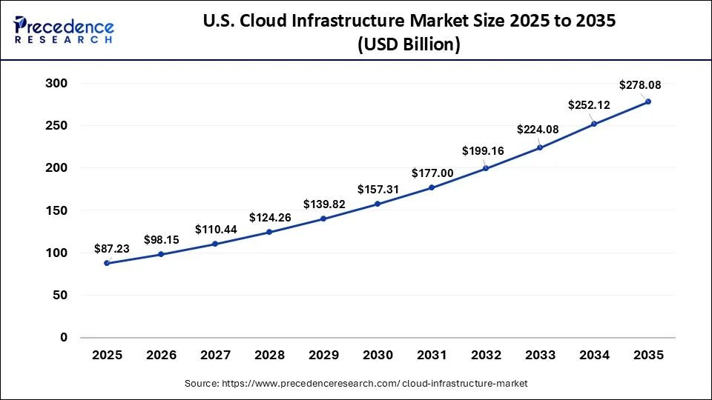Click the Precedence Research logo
click(x=64, y=30)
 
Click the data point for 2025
click(x=107, y=263)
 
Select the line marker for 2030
click(x=378, y=204)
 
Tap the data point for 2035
click(x=648, y=101)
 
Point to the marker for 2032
click(x=486, y=168)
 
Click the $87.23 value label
click(x=112, y=249)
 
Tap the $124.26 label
click(x=270, y=218)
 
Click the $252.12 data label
click(x=589, y=105)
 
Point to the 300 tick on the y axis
click(x=57, y=84)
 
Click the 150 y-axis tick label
click(x=57, y=210)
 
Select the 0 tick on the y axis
click(x=63, y=338)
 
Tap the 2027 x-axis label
click(x=215, y=356)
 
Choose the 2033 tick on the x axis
click(x=540, y=356)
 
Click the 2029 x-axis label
click(x=323, y=356)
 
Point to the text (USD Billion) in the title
click(x=409, y=44)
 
